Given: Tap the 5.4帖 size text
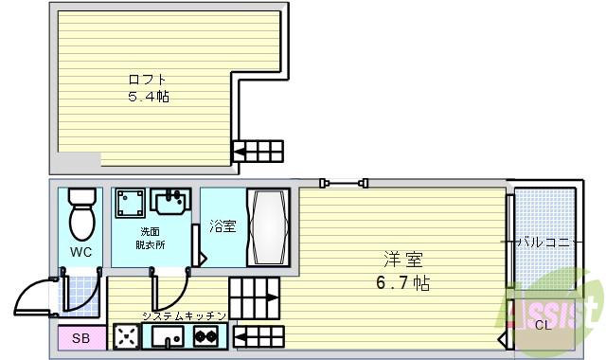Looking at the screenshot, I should click(149, 97).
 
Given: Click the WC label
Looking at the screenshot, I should click(80, 253).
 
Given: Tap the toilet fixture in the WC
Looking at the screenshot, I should click(82, 213).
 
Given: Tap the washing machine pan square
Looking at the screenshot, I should click(131, 204).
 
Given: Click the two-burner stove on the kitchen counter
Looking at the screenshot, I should click(205, 335).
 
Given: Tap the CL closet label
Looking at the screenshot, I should click(542, 326).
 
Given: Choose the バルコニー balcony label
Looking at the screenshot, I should click(547, 243).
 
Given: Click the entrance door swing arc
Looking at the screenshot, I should click(36, 297).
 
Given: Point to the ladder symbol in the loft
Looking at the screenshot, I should click(258, 152).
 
